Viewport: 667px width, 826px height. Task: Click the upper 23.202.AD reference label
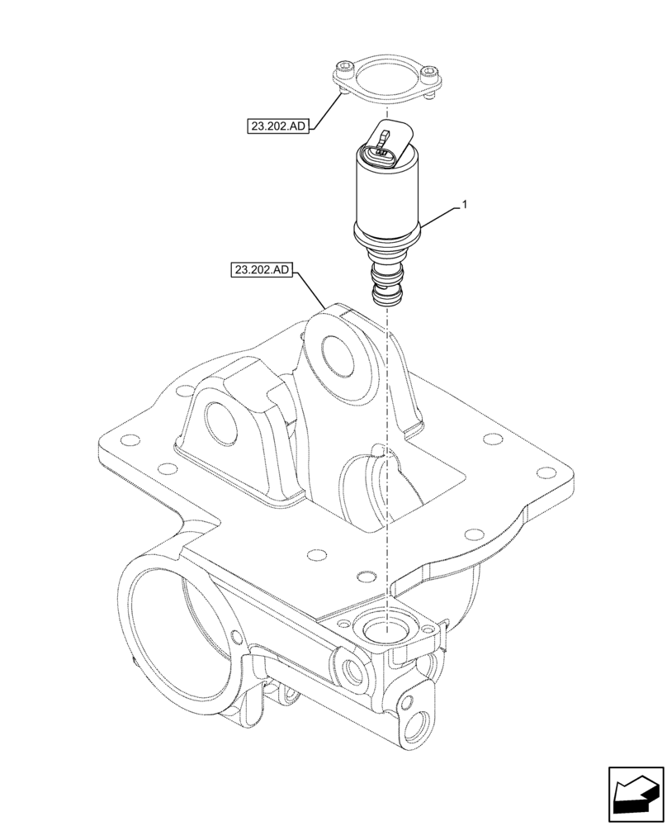(x=277, y=126)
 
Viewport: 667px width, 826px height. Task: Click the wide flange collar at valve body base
(x=386, y=231)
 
